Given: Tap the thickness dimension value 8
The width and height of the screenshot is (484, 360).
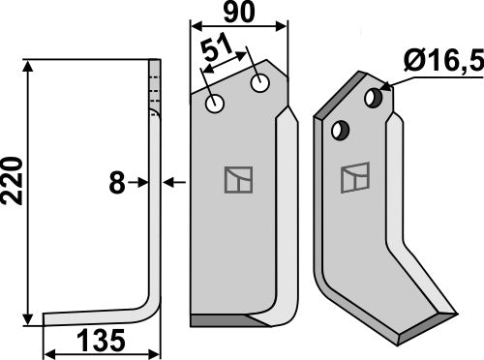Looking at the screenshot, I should click(x=117, y=181).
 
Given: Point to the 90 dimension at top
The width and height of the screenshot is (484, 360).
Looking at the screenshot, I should click(x=238, y=15).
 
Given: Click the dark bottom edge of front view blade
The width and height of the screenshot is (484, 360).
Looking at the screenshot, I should click(x=223, y=319).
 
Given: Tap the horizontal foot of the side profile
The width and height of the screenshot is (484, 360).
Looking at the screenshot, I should click(x=97, y=316).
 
